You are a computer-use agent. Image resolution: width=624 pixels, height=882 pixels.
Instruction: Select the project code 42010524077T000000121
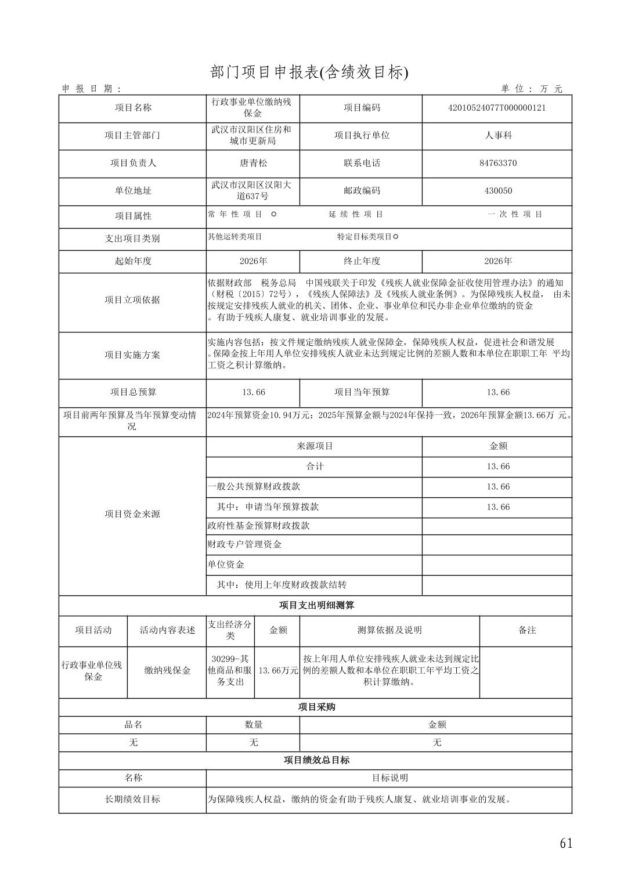pos(497,108)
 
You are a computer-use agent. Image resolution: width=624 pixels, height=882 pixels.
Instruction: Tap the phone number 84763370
pos(497,163)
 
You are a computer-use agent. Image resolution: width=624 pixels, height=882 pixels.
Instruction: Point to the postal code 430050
pos(497,191)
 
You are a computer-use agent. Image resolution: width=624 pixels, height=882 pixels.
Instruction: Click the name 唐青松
pos(253,163)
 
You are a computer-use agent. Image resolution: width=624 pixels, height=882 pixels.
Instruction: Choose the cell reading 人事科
pos(497,135)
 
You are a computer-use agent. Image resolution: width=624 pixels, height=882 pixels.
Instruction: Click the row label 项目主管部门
pos(132,135)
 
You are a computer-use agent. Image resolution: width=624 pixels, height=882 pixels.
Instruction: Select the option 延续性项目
pos(356,214)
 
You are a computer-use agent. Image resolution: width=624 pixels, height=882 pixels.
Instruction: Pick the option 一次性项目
pos(515,214)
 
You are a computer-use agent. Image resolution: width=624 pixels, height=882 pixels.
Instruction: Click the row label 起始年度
pos(132,261)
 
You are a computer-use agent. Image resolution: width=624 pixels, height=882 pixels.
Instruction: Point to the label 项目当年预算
pos(362,392)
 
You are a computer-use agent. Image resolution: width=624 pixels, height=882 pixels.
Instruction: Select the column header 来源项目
pos(315,446)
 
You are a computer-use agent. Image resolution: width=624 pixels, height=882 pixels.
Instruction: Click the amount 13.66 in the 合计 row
pos(497,467)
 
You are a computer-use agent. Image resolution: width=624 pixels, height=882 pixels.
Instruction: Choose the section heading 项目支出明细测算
pos(316,605)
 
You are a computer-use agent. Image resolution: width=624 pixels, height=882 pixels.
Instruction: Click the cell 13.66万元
pos(278,670)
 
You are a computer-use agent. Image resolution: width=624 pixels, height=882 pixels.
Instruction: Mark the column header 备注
pos(526,630)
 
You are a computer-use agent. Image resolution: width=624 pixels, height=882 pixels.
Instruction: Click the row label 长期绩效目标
pos(132,799)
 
